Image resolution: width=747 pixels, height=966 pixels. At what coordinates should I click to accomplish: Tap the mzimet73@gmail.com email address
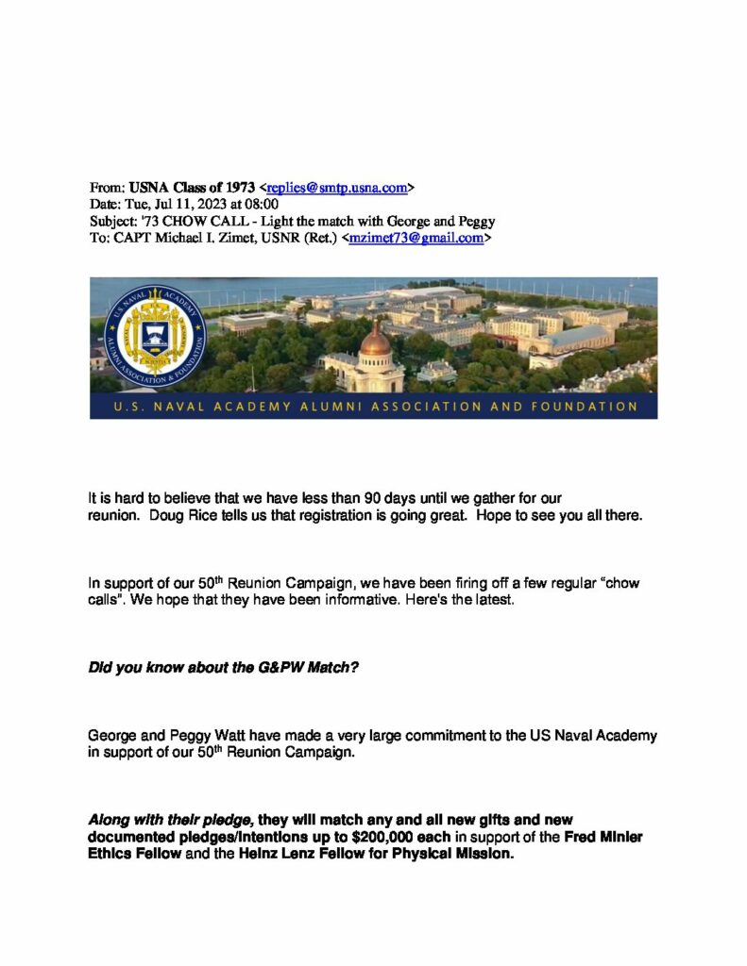point(416,239)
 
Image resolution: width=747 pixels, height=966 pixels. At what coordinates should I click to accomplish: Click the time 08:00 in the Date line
point(262,205)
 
